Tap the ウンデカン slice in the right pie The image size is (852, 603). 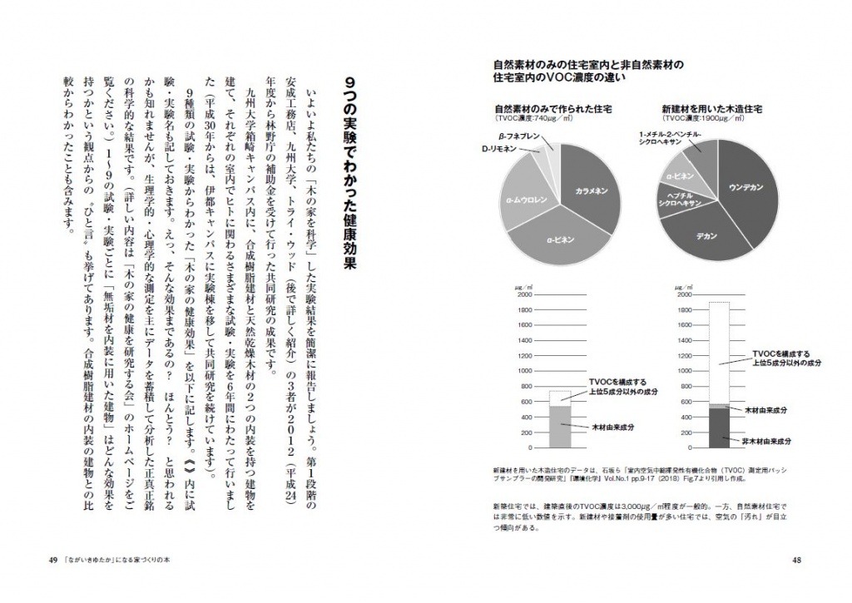point(746,185)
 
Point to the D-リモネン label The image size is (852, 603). point(499,150)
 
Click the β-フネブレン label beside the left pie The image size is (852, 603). point(518,136)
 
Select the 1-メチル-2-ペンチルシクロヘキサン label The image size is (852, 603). point(671,138)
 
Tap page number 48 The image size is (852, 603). point(796,560)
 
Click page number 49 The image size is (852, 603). point(52,560)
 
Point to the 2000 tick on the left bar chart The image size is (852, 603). point(524,294)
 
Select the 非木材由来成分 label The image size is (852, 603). point(765,440)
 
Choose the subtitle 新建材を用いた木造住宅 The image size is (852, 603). point(712,109)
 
